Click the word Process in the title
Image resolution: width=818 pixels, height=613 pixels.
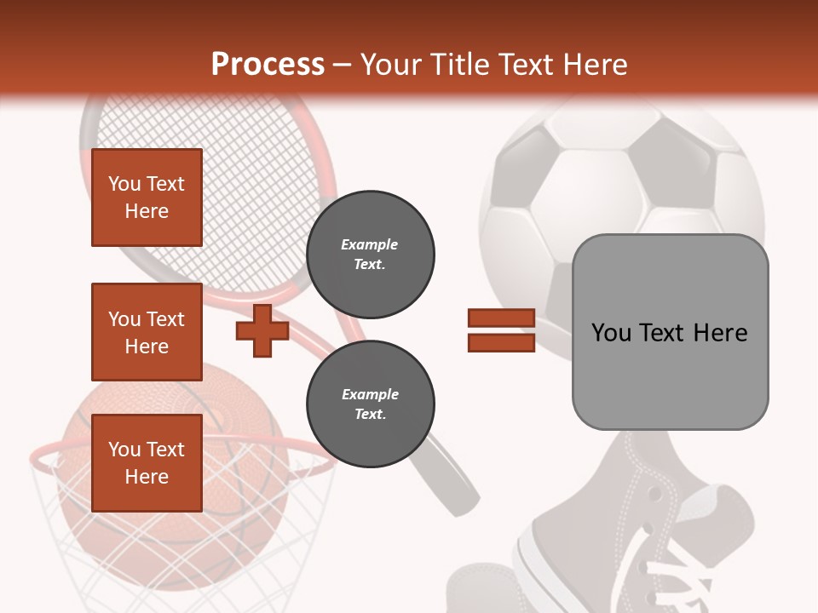[x=268, y=65]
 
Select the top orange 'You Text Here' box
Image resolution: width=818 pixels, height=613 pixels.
[x=147, y=198]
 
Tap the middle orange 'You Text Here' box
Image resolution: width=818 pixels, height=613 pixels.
[x=147, y=332]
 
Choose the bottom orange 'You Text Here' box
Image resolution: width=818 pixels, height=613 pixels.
[x=147, y=462]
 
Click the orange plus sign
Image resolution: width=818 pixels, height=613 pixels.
[x=262, y=331]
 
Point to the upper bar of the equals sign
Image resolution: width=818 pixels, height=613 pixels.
[x=501, y=318]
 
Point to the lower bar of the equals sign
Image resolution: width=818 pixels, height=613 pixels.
[x=501, y=343]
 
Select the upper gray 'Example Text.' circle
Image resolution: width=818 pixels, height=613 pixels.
[x=371, y=255]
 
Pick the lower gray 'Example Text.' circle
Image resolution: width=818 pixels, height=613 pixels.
[x=371, y=404]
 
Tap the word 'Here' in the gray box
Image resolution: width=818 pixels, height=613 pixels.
[x=720, y=333]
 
